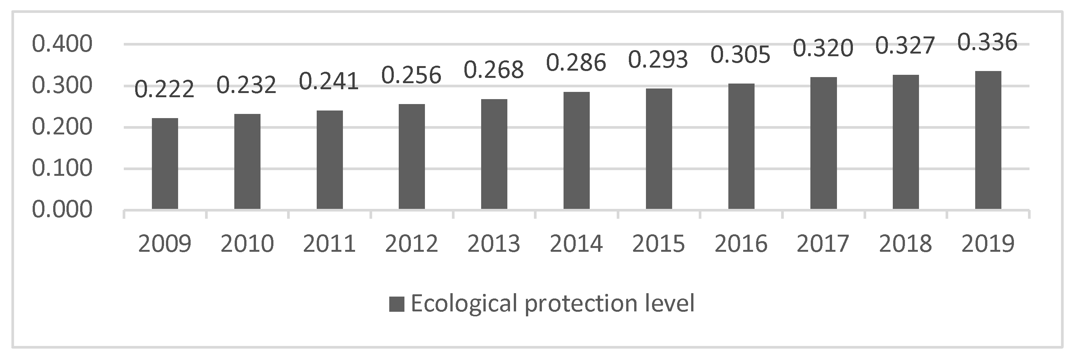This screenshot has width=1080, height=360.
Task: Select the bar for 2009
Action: coord(165,163)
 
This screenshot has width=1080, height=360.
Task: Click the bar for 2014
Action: coord(576,150)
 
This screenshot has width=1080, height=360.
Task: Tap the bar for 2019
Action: coord(988,140)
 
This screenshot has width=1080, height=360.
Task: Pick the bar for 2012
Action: coord(412,156)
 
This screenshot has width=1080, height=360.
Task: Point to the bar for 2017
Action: coord(823,143)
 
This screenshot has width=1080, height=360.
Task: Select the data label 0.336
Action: coord(988,42)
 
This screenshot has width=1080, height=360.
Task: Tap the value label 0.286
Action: coord(576,62)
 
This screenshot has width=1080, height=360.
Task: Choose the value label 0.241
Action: coord(329,81)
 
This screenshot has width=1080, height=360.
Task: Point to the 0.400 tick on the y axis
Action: coord(62,44)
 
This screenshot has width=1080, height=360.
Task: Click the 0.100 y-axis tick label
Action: coord(62,169)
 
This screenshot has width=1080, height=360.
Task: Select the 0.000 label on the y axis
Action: coord(62,210)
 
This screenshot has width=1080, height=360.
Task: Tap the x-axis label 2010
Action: coord(247,243)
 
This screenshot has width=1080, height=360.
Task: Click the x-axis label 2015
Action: coord(658,243)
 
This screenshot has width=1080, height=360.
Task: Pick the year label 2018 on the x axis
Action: coord(906,243)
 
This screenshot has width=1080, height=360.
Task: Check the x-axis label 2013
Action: coord(494,243)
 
